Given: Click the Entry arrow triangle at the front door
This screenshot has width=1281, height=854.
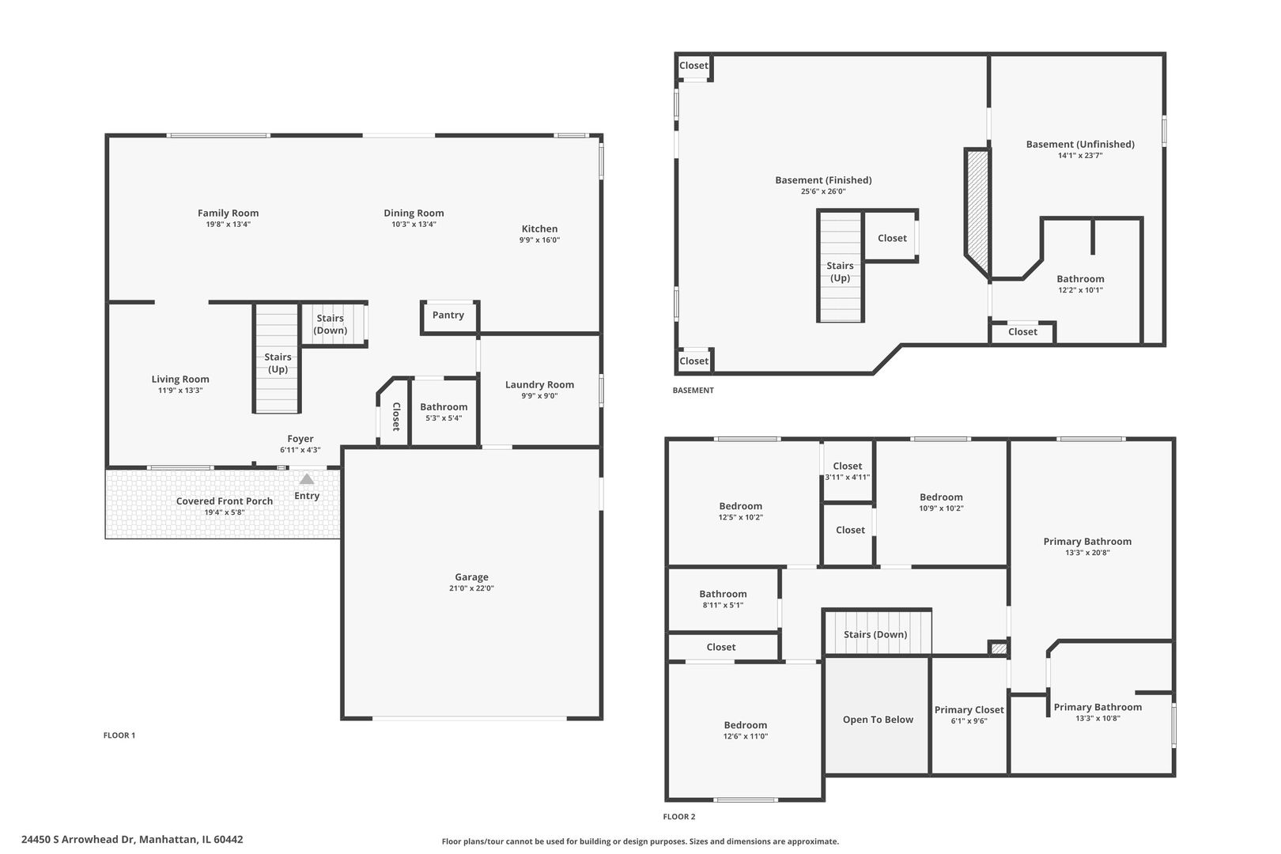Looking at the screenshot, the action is click(x=307, y=478).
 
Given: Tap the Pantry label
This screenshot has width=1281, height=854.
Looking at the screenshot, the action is click(x=448, y=315).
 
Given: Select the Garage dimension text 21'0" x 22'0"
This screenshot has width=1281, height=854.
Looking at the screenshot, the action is click(x=471, y=588).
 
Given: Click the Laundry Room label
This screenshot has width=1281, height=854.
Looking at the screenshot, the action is click(x=539, y=384).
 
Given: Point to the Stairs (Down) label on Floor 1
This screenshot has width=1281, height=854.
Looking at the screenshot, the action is click(x=330, y=324).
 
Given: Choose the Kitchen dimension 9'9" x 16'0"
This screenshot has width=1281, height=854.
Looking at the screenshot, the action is click(x=539, y=240).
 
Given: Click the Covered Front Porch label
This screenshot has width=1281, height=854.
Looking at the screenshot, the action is click(x=225, y=501).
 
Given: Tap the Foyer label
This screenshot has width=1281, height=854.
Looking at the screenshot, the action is click(x=300, y=439).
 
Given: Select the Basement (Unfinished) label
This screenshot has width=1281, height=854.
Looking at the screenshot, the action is click(x=1080, y=144).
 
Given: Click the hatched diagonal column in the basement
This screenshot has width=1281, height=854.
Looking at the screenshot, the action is click(x=977, y=213).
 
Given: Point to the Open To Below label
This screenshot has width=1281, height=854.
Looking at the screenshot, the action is click(x=878, y=720).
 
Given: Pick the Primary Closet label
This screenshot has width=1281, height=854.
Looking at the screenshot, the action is click(x=969, y=710).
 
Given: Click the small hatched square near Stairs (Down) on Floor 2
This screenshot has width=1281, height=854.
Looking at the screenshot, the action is click(x=999, y=648).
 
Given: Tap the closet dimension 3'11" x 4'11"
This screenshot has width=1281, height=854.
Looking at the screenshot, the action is click(x=847, y=477).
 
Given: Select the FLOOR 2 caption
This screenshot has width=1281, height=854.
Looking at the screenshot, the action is click(x=678, y=817).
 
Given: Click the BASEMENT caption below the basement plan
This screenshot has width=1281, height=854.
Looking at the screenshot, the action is click(x=693, y=390).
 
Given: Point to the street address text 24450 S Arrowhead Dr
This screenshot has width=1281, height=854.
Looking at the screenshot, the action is click(x=77, y=840).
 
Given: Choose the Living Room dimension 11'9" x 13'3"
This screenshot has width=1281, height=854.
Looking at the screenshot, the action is click(x=180, y=390).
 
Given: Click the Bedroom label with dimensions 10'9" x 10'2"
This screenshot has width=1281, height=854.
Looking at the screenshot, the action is click(x=941, y=497).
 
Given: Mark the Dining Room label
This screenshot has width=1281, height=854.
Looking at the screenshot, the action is click(x=414, y=213).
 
